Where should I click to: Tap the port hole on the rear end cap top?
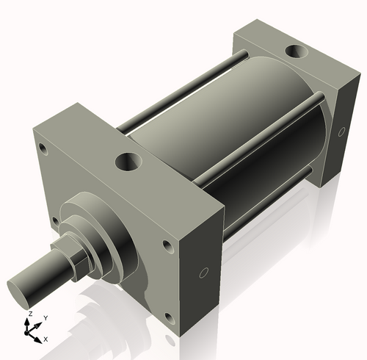coord(298,52)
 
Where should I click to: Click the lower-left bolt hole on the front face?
coord(53,219)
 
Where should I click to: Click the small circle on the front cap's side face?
coord(202,274)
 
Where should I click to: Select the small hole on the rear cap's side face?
coord(341,132)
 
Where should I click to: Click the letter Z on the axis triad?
coord(30,314)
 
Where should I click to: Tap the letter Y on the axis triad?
coord(46,317)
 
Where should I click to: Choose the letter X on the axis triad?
coord(46,339)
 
